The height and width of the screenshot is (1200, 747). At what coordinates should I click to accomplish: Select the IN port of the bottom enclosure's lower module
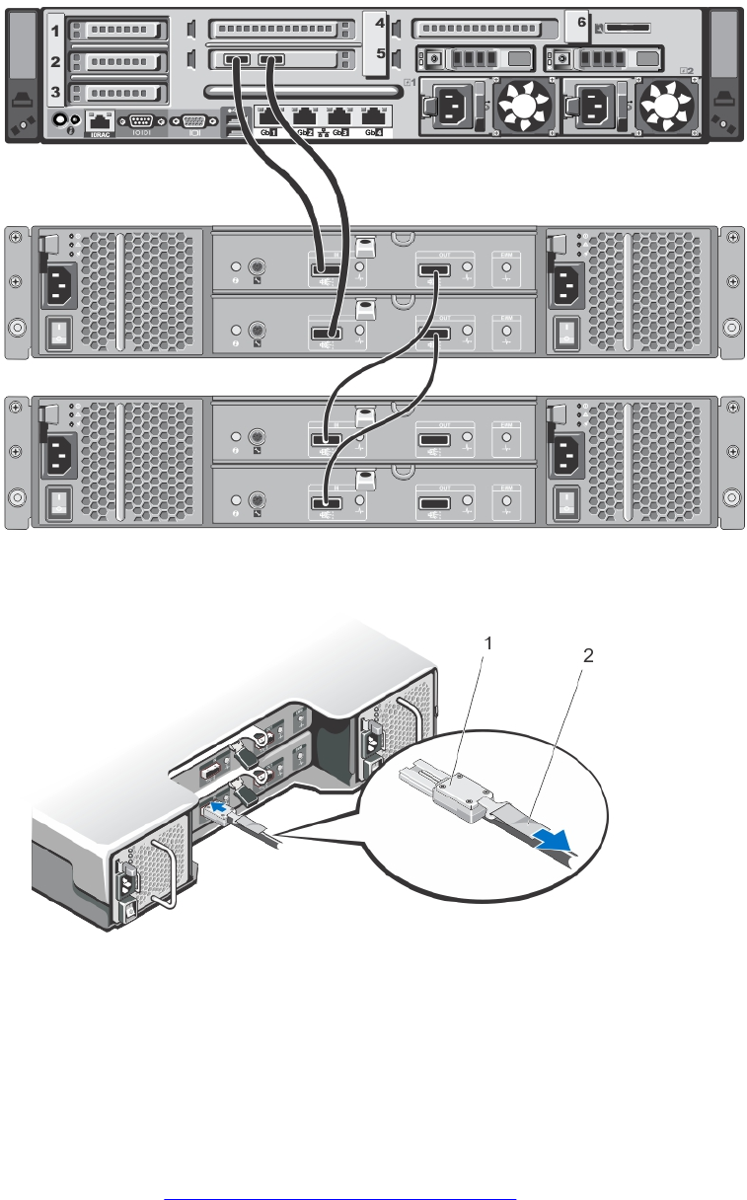click(326, 504)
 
